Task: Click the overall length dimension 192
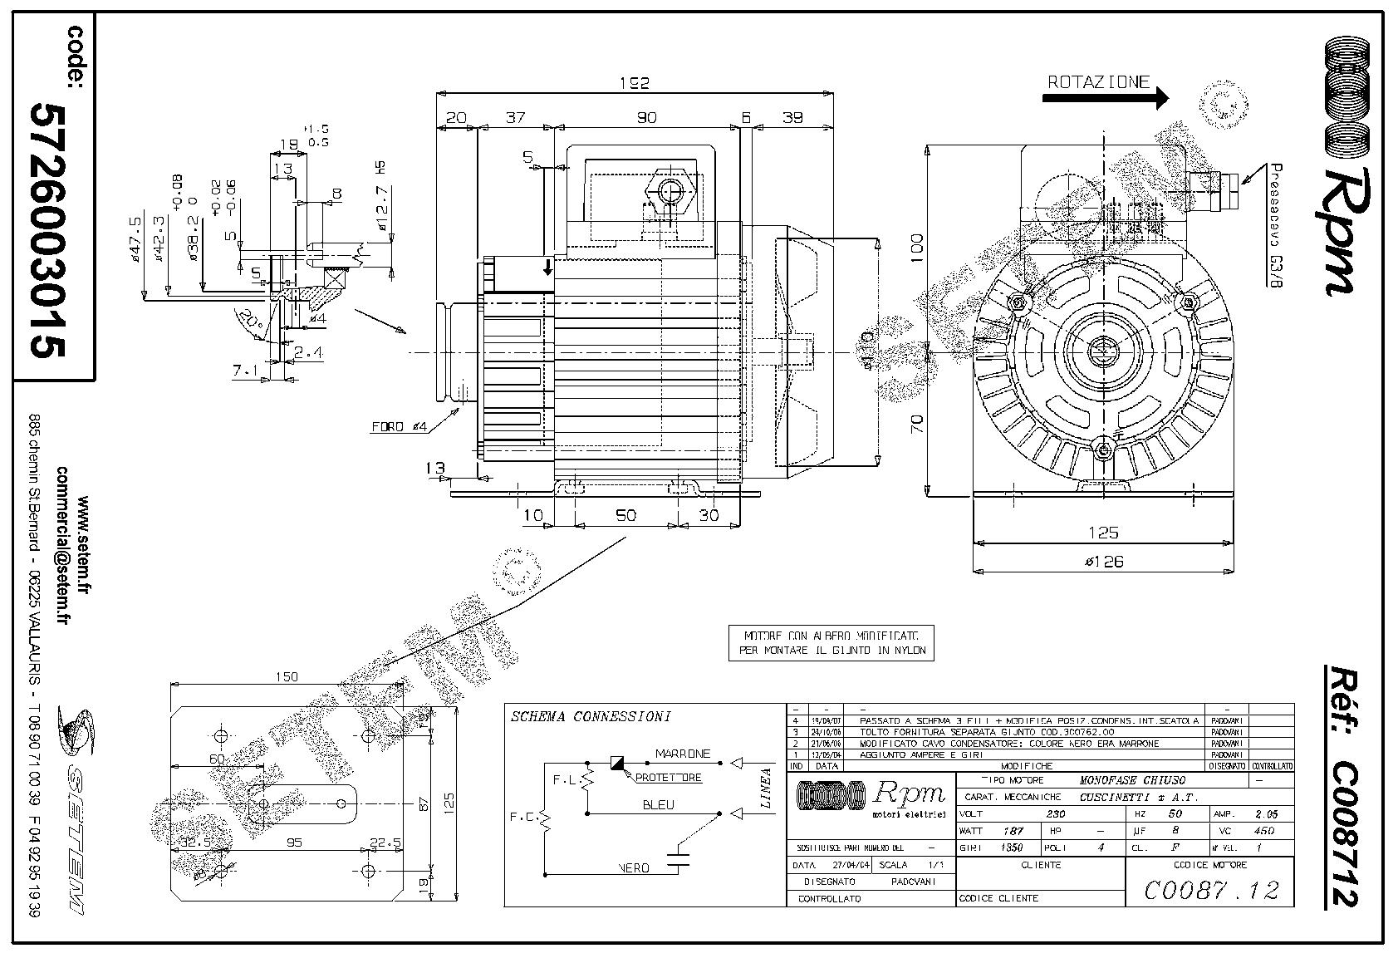click(x=634, y=82)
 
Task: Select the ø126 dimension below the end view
click(x=1103, y=562)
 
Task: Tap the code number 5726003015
click(x=47, y=231)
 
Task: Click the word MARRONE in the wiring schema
click(x=683, y=754)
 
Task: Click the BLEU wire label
click(x=658, y=804)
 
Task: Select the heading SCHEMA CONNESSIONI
click(x=591, y=716)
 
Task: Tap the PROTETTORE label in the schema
click(x=669, y=778)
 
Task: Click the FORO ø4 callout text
click(x=399, y=427)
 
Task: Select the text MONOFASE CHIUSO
click(x=1131, y=780)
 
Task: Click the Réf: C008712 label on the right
click(x=1343, y=785)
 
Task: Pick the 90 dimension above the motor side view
click(x=646, y=118)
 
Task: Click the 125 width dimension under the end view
click(x=1103, y=533)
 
